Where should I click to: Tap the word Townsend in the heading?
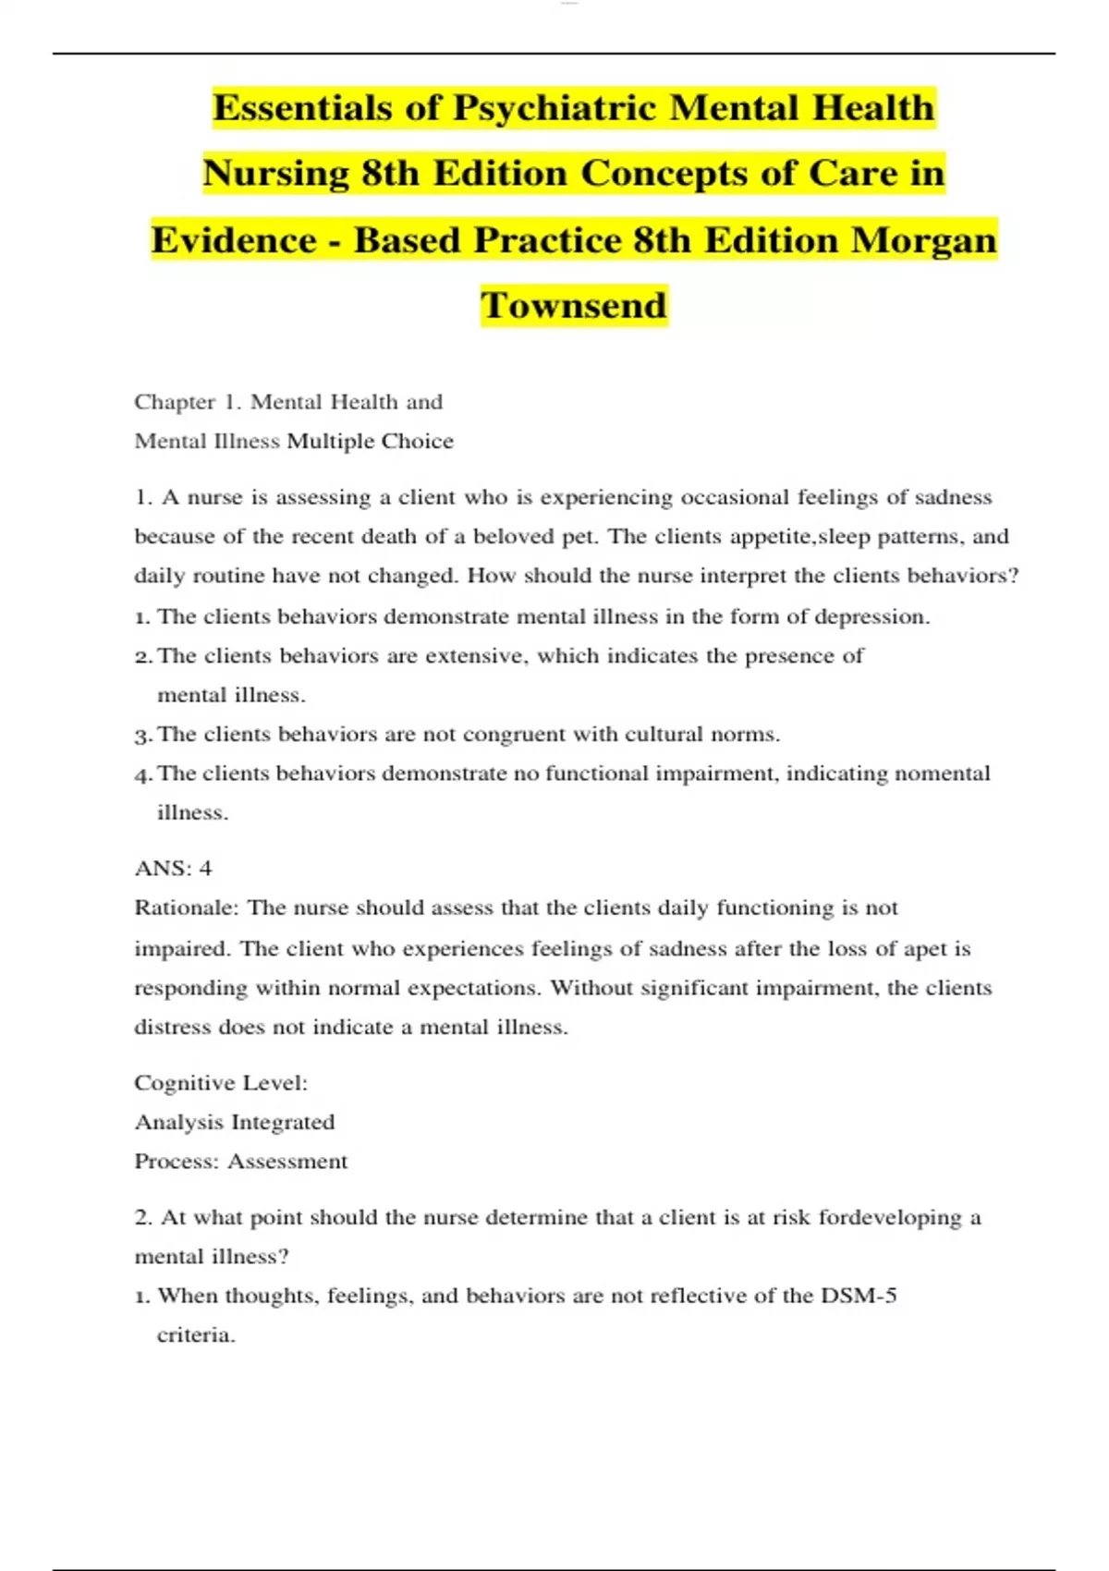(x=573, y=306)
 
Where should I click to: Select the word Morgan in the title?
(x=923, y=240)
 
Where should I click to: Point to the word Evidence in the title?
(x=234, y=240)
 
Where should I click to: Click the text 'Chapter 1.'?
(x=189, y=402)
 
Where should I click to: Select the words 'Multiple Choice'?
(x=371, y=442)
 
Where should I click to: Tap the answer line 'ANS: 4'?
(x=173, y=869)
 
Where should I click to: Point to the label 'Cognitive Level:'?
(x=221, y=1082)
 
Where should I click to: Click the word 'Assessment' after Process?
(x=287, y=1162)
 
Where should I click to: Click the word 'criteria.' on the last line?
(x=196, y=1335)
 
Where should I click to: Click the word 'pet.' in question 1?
(x=582, y=537)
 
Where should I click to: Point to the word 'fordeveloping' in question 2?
(x=890, y=1218)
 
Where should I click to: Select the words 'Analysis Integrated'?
(x=235, y=1122)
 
